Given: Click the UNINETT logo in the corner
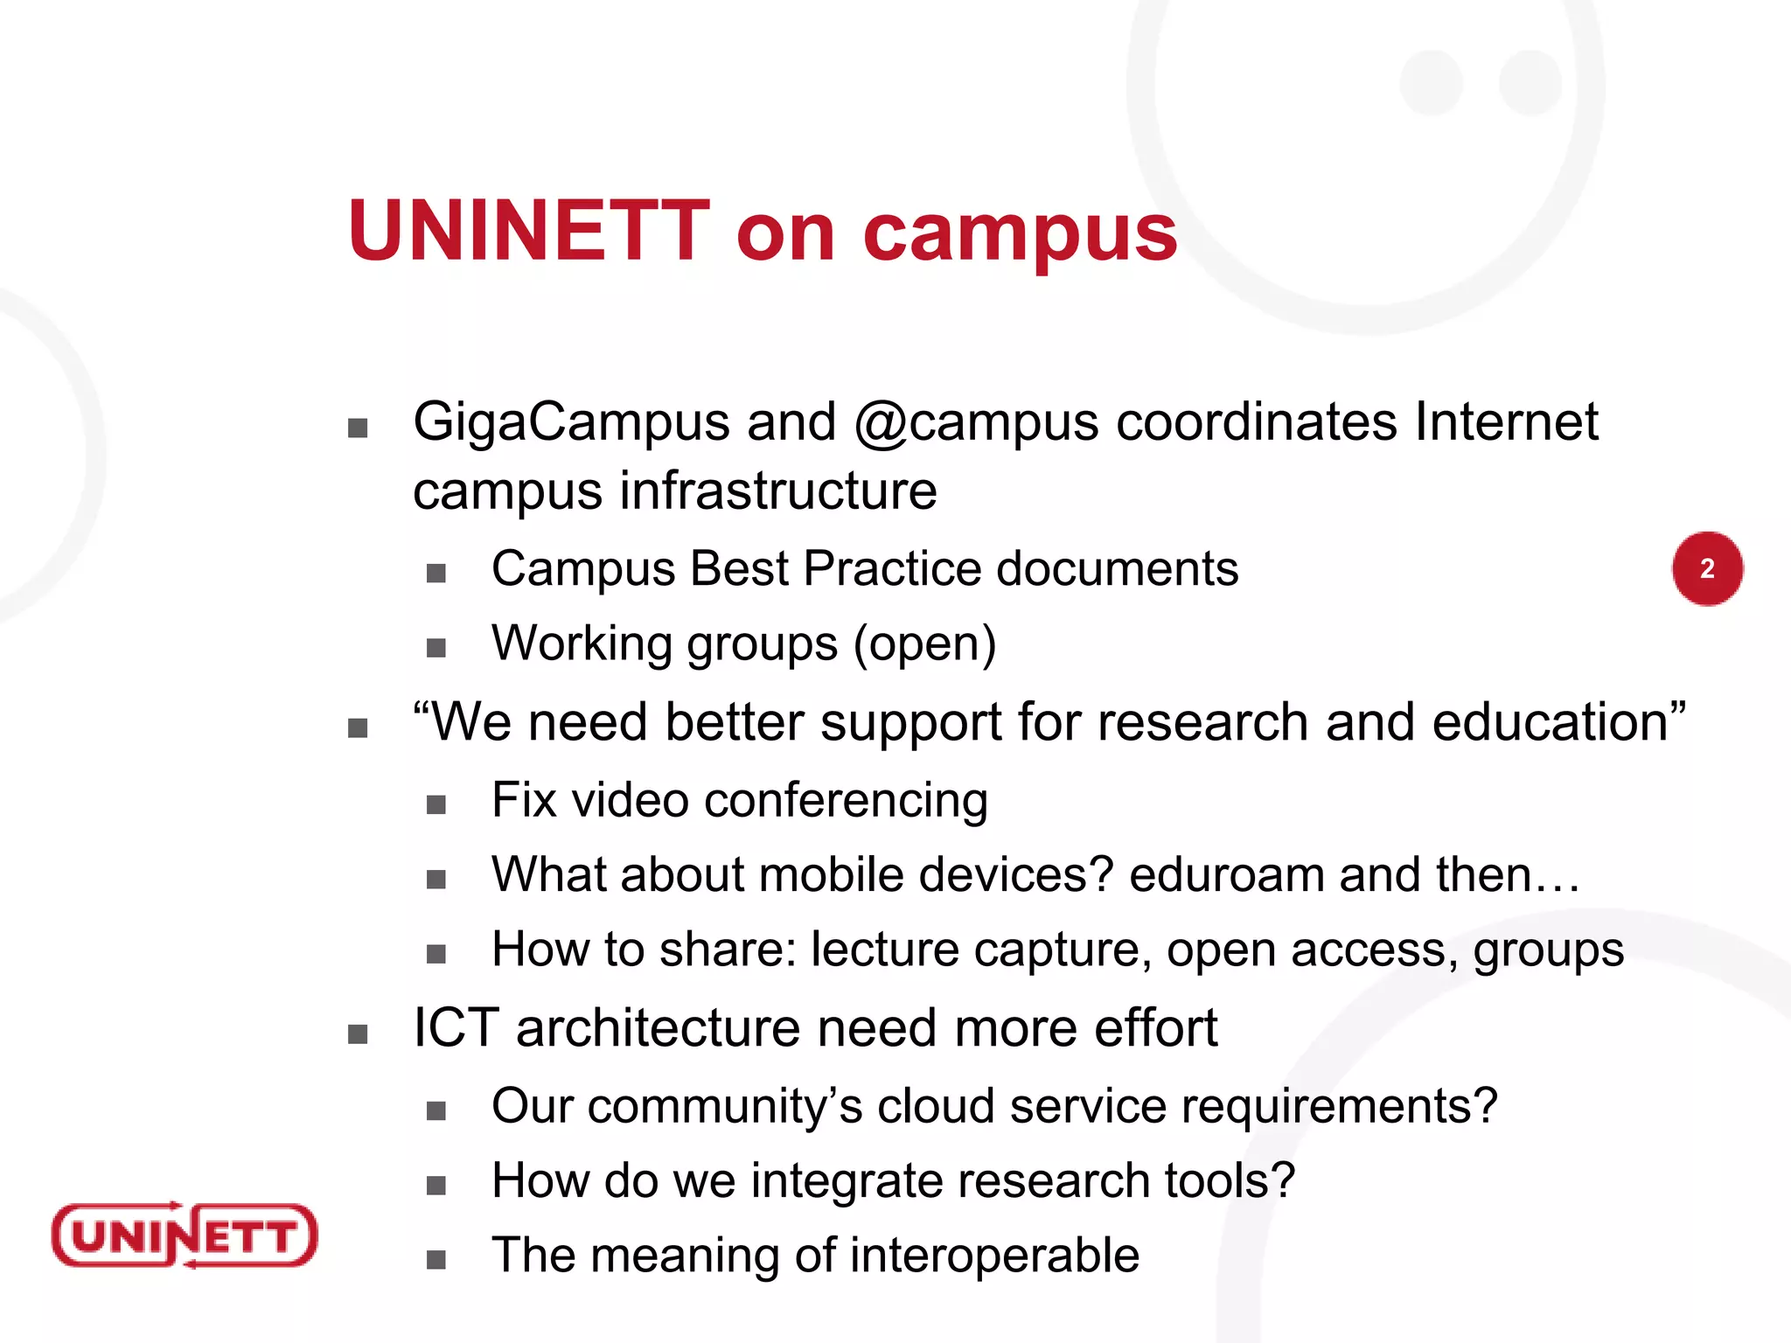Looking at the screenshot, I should click(x=185, y=1235).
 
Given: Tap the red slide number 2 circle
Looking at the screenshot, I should click(x=1707, y=568).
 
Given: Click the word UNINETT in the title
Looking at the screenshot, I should click(x=529, y=231).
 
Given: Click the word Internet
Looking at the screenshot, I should click(x=1506, y=421).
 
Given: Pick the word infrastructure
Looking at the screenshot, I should click(x=778, y=491).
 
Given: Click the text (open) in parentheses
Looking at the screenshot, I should click(x=925, y=644).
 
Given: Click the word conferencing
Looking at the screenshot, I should click(x=846, y=801).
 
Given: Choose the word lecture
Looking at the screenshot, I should click(x=885, y=950).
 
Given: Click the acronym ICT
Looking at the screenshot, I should click(x=456, y=1028).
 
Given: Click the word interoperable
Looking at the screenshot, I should click(x=994, y=1256).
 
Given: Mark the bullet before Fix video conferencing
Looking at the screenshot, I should click(x=436, y=804).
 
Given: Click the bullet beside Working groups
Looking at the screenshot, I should click(x=436, y=648).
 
